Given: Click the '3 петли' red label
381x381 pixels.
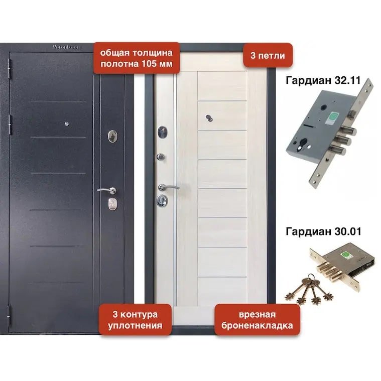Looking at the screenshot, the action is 268,55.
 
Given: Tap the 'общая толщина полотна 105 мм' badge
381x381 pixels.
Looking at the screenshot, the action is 137,58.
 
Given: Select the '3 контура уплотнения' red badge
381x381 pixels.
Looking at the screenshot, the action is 135,320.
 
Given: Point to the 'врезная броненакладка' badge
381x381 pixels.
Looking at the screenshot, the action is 257,320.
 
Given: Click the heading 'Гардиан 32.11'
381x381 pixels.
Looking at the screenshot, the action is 323,80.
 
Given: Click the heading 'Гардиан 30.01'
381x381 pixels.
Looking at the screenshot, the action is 323,231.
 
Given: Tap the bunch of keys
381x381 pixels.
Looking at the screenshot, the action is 309,290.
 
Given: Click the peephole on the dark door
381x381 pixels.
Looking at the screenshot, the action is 67,124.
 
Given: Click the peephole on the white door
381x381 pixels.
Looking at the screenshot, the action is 209,118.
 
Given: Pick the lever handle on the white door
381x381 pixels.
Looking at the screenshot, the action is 167,187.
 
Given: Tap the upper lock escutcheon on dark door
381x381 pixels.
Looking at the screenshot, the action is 112,136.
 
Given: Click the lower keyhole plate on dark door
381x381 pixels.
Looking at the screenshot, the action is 112,203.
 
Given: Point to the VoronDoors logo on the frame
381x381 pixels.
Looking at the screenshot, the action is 67,47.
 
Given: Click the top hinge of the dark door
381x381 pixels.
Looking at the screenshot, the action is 10,69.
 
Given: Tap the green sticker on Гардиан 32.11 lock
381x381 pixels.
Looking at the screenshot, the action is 331,116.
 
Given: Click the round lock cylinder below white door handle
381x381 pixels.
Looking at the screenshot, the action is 161,200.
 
